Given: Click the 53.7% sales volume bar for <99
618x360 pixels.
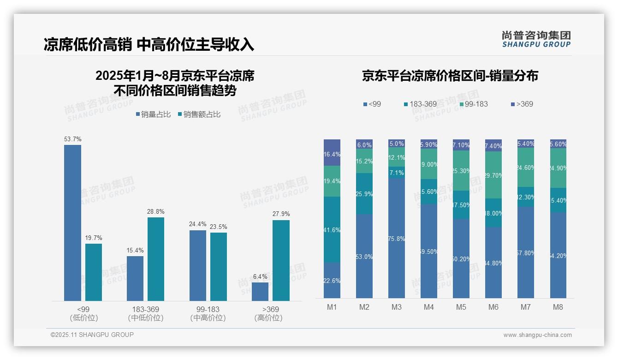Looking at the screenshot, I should (x=72, y=223).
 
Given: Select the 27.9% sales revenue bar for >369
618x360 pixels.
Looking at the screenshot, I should (x=281, y=260).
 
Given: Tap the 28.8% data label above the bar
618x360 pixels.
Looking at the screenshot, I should (x=156, y=212).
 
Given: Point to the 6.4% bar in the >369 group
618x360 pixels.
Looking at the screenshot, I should (x=260, y=292).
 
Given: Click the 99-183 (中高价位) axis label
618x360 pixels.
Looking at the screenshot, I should (x=208, y=313).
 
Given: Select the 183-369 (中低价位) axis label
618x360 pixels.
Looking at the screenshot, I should (x=146, y=313).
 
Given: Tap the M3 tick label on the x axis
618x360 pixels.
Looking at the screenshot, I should (x=397, y=307).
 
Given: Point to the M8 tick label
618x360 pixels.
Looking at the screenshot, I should (x=558, y=307).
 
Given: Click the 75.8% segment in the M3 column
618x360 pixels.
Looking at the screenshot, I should (x=397, y=238).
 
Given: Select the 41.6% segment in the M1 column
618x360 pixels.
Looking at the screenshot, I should (x=332, y=230).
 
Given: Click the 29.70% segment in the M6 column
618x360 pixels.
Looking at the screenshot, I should (x=493, y=175).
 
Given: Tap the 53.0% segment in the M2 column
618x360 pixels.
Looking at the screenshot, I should (x=364, y=256).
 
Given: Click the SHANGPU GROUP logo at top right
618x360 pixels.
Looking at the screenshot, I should (x=536, y=39).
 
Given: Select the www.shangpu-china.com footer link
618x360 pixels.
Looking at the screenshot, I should (x=537, y=335).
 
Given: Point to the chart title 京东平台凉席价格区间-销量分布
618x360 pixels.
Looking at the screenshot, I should (x=450, y=76).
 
